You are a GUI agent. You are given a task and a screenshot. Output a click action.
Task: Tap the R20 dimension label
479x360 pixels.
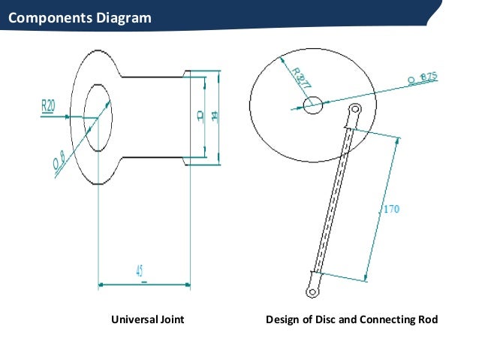(48, 105)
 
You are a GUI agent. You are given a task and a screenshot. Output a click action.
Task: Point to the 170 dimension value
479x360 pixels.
(391, 210)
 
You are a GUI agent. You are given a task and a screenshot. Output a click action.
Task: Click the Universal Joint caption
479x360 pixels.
(148, 319)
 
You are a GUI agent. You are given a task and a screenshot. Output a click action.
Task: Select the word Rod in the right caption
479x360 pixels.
(427, 319)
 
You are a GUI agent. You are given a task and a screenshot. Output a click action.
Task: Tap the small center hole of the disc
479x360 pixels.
(312, 104)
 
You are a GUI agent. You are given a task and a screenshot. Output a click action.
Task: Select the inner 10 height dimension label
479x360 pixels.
(199, 116)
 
